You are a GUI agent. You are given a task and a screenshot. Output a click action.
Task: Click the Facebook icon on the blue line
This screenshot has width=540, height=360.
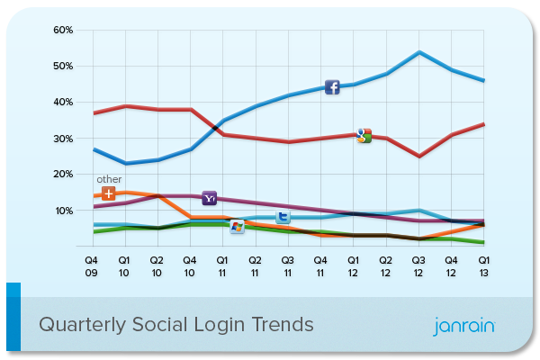coord(332,87)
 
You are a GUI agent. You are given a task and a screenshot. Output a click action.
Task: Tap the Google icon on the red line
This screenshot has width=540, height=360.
coord(364,136)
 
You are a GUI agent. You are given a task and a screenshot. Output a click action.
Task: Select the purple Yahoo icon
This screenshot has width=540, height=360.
coord(210,198)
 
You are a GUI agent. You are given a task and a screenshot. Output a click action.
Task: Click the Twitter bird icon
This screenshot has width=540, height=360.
coord(283,217)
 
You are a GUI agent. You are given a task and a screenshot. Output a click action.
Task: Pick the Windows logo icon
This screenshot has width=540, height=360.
coord(237,227)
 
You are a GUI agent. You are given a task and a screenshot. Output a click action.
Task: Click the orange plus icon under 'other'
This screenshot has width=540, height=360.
coord(109,193)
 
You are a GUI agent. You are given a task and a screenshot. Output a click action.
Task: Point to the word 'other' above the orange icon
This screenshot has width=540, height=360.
coord(108,179)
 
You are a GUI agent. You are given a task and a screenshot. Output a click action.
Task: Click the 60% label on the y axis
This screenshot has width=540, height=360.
coord(62,30)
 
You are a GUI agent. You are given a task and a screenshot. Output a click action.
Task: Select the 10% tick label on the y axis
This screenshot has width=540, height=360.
coord(62,211)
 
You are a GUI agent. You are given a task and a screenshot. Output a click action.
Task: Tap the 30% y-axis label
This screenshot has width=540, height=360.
coord(62,139)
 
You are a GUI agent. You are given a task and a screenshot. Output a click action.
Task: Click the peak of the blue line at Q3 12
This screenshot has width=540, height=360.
coord(419,52)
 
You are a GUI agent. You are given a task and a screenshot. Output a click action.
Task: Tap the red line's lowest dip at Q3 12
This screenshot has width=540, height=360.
coord(419,156)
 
